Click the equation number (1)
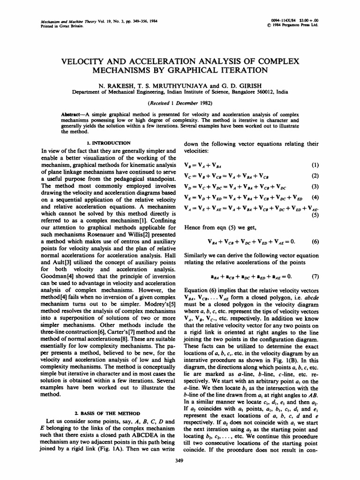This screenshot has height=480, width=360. click(315, 165)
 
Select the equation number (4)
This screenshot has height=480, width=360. click(315, 197)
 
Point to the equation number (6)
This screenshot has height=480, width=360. click(315, 242)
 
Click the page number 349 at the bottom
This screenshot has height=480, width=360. click(180, 461)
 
